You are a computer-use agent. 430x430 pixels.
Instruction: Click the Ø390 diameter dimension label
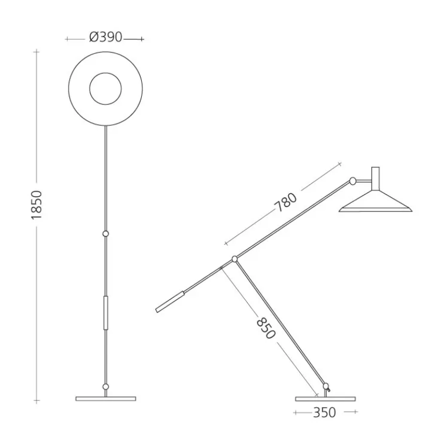[x=106, y=37]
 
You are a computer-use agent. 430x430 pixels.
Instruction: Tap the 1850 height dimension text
[x=37, y=205]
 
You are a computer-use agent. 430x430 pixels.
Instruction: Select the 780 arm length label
[x=286, y=202]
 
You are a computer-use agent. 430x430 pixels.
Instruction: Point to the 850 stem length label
[x=266, y=328]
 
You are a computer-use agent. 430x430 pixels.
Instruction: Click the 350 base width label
[x=324, y=412]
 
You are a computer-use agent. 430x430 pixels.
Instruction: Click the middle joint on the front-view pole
[x=105, y=234]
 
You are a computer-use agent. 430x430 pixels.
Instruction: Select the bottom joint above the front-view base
[x=105, y=387]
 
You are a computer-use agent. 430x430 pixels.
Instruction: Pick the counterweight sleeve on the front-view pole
[x=106, y=313]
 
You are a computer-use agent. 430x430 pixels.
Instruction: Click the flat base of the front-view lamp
[x=106, y=399]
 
